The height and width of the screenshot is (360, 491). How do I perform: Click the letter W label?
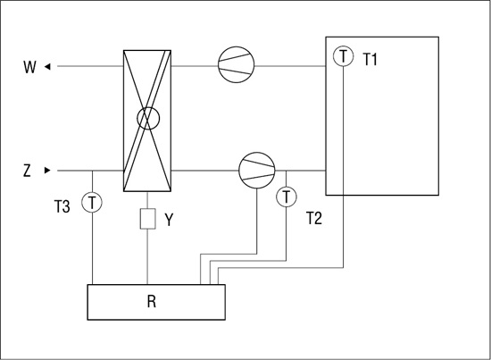click(x=29, y=67)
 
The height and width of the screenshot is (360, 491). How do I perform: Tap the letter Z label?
click(x=28, y=171)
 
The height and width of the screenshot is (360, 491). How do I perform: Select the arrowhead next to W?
click(x=47, y=66)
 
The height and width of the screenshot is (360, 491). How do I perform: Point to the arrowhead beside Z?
click(x=47, y=171)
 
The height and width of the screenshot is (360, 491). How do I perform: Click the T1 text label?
click(x=370, y=59)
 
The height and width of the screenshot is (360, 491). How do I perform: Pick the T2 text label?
click(x=313, y=218)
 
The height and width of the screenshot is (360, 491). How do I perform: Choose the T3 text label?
click(x=62, y=206)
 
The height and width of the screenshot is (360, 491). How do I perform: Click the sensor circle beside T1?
click(x=343, y=56)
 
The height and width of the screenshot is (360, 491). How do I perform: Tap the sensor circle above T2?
click(x=287, y=197)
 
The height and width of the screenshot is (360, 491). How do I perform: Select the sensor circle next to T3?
click(x=92, y=202)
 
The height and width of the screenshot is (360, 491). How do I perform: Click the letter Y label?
click(x=169, y=220)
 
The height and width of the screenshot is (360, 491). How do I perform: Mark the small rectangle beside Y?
click(x=147, y=219)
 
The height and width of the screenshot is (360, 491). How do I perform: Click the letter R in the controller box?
click(x=152, y=302)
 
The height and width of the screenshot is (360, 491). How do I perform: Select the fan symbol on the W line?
click(x=236, y=64)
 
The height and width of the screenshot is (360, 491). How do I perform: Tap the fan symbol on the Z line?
click(x=257, y=171)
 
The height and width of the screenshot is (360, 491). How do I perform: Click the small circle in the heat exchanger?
click(x=148, y=118)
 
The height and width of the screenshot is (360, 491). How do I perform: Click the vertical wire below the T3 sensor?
click(x=92, y=248)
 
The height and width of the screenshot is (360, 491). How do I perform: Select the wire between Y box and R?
click(x=147, y=257)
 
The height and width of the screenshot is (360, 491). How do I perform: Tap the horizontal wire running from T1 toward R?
click(x=280, y=268)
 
